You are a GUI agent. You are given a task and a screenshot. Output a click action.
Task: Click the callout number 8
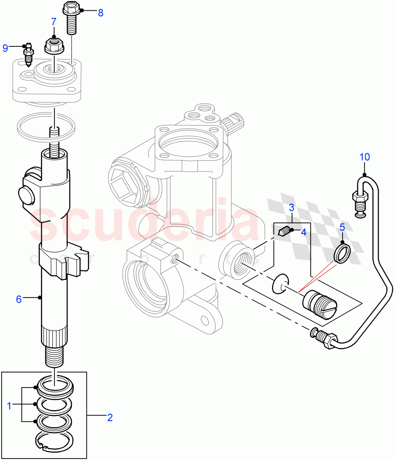101,13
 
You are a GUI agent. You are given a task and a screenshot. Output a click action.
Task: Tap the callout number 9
5,48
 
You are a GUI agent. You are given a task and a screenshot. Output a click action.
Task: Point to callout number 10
364,157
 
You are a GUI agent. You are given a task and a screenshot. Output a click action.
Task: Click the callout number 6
19,299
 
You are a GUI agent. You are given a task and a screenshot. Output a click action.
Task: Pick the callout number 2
110,417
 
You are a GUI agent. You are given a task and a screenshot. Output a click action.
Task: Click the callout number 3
292,208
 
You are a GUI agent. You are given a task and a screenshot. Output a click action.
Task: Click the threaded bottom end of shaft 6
54,357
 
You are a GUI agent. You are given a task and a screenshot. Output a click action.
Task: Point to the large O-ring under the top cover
46,126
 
